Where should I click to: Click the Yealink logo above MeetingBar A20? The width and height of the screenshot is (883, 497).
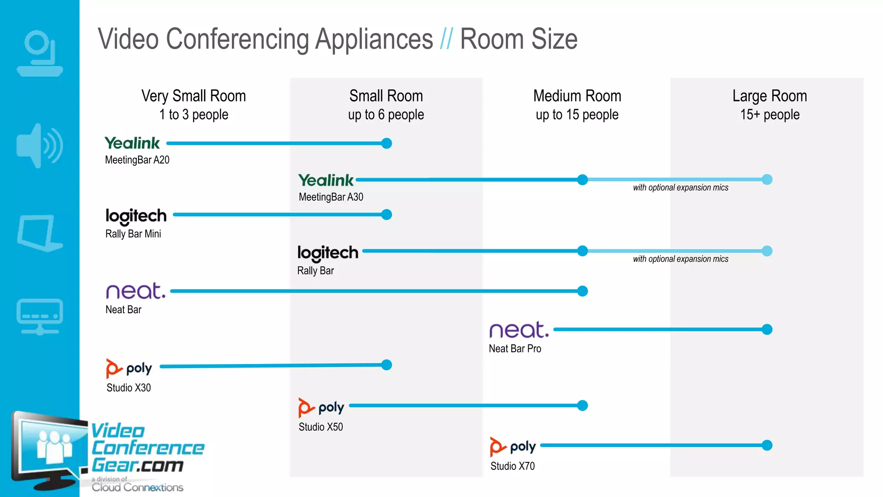[132, 143]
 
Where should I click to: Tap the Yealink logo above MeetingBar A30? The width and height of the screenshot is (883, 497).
[326, 180]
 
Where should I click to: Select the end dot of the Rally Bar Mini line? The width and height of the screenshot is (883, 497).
[387, 214]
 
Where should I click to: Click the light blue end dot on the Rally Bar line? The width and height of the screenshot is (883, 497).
[767, 251]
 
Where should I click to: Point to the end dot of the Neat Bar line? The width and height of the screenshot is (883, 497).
[582, 291]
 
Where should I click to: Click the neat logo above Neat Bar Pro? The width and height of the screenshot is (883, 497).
[519, 330]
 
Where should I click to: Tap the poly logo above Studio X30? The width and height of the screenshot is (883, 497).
[129, 368]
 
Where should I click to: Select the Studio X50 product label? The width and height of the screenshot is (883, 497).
[321, 427]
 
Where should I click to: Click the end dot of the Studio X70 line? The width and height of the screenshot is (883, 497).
[767, 445]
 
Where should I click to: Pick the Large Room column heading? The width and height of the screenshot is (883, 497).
[770, 96]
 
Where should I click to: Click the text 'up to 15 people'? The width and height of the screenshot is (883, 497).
[577, 115]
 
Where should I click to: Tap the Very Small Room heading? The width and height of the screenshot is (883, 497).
[194, 96]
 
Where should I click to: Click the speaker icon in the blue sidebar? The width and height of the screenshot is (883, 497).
[40, 146]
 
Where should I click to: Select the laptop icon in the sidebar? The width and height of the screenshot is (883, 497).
[40, 233]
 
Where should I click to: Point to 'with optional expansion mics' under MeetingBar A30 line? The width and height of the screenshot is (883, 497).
[680, 188]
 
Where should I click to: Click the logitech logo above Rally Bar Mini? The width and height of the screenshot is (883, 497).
[136, 216]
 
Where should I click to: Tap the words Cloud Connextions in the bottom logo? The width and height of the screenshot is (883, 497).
[137, 488]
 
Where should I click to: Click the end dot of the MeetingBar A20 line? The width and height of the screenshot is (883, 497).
[387, 143]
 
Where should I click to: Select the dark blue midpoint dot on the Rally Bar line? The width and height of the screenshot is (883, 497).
[582, 251]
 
